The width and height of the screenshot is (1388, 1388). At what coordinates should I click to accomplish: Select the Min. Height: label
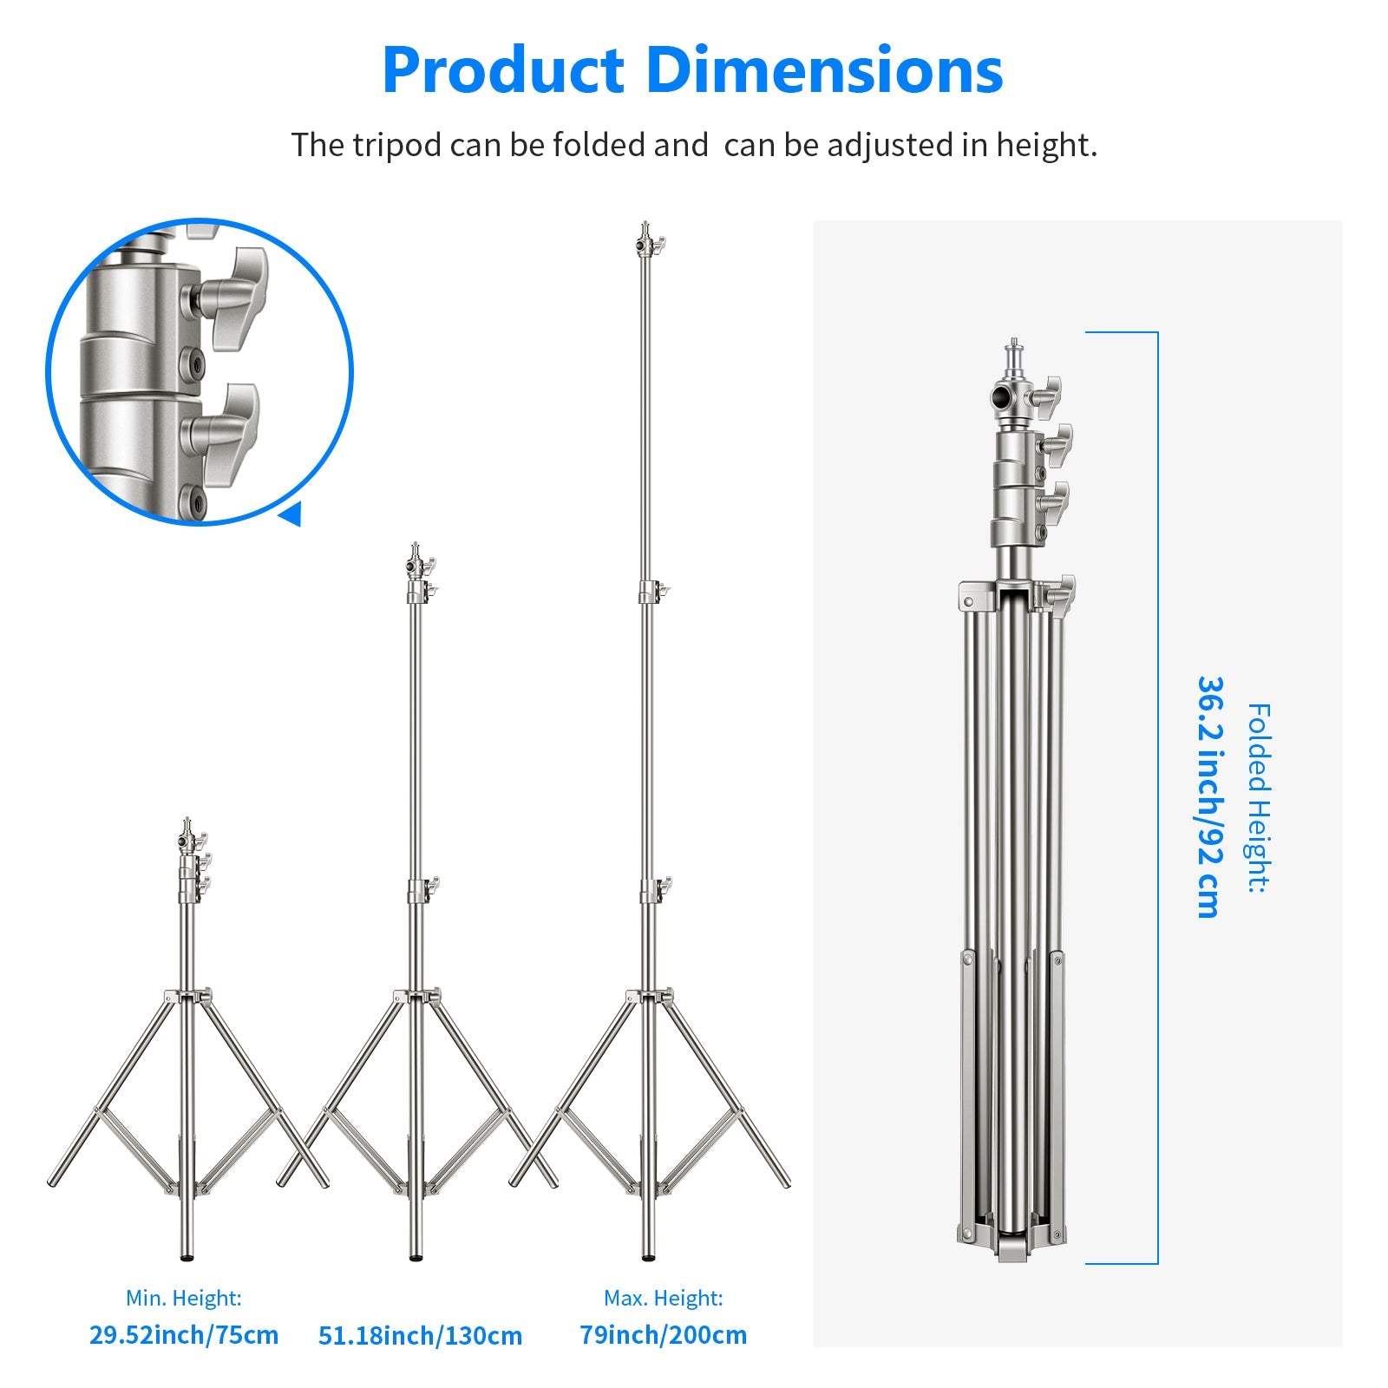click(183, 1298)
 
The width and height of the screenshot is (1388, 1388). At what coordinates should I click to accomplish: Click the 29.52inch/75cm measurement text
click(184, 1334)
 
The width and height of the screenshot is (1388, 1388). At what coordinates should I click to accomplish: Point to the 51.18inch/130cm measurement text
click(420, 1335)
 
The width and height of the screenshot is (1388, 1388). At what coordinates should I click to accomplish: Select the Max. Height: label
click(663, 1298)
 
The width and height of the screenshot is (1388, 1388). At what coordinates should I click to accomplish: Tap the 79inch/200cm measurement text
click(663, 1334)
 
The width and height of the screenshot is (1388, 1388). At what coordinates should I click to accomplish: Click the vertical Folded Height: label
click(1258, 798)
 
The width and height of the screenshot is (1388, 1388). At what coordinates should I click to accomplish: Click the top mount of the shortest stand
click(187, 833)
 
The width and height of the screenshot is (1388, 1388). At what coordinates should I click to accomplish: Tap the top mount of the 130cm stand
click(417, 560)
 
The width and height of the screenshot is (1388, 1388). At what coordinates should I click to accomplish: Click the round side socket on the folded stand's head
click(1005, 400)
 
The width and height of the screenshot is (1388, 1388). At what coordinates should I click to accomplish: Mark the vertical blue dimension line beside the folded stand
click(1157, 798)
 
